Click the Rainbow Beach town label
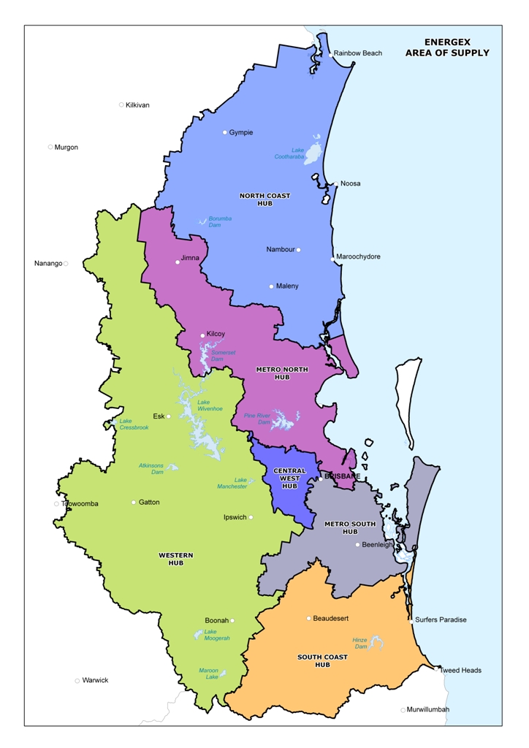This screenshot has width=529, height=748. point(358,53)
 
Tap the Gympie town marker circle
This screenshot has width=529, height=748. point(225,132)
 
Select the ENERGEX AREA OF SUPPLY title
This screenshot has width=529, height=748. point(447,47)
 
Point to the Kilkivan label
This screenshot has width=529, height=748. point(137,105)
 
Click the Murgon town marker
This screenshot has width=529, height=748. point(50,147)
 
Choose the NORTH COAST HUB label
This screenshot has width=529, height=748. point(264,199)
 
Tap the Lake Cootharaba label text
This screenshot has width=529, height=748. point(289,153)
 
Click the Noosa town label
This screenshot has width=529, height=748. point(350,184)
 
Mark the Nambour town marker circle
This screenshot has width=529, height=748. point(298,250)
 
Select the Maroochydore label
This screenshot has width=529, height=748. point(358,257)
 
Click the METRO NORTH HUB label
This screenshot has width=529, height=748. point(273,373)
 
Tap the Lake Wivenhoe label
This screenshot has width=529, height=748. point(210,405)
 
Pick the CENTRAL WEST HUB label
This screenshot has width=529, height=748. point(289,478)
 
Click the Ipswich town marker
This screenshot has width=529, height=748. point(251,517)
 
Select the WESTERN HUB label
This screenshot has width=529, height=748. point(176,559)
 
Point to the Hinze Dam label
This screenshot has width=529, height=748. point(359,644)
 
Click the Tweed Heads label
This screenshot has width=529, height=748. point(461,671)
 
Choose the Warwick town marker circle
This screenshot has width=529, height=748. point(77,681)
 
